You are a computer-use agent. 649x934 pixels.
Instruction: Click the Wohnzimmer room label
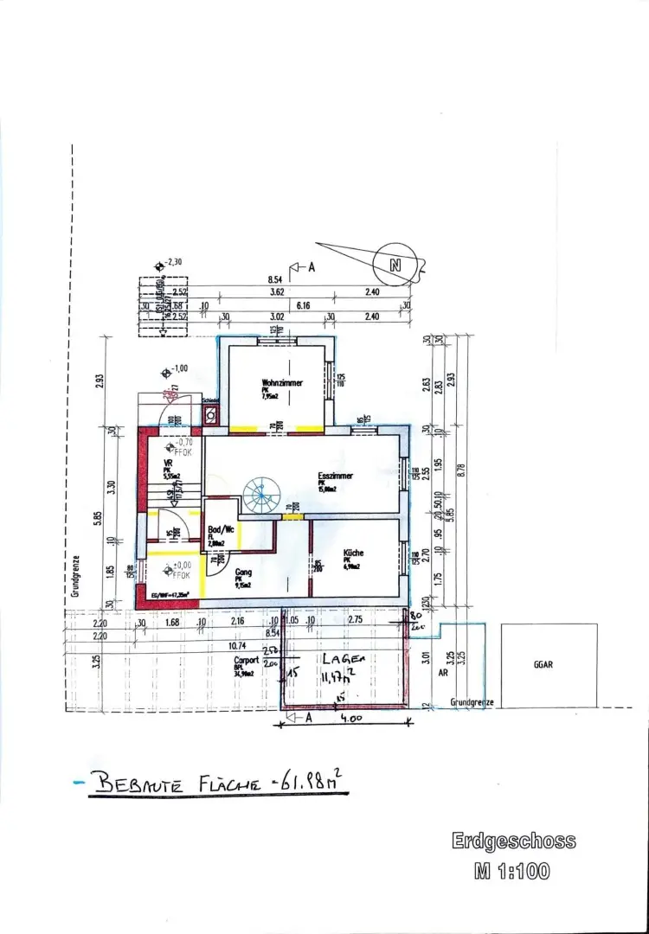[282, 383]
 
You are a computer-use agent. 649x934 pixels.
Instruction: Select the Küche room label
[352, 553]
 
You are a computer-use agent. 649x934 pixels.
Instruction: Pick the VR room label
[169, 464]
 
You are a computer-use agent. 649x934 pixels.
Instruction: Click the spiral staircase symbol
[259, 497]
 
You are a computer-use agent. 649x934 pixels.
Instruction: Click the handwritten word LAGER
[344, 659]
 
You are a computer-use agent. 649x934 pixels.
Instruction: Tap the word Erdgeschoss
[513, 841]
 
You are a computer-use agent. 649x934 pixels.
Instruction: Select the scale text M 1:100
[511, 872]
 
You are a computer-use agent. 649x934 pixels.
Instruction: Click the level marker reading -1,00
[177, 368]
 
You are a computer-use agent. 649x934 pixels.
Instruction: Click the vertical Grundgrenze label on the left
[76, 576]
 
